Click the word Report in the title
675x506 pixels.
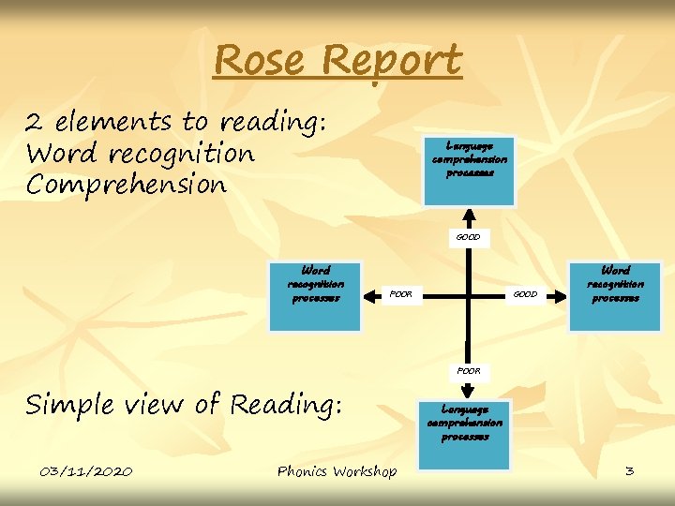pos(394,63)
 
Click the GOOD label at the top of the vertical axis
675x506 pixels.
pos(468,237)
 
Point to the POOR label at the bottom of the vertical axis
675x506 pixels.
pos(468,371)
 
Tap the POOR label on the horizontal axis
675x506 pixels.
pos(400,294)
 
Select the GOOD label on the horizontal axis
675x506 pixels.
pos(525,294)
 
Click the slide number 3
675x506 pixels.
pos(629,470)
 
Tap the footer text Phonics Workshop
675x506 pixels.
pos(337,471)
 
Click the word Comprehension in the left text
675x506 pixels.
pos(127,185)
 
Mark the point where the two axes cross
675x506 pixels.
pos(466,295)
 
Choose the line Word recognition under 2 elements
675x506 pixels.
pos(141,153)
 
